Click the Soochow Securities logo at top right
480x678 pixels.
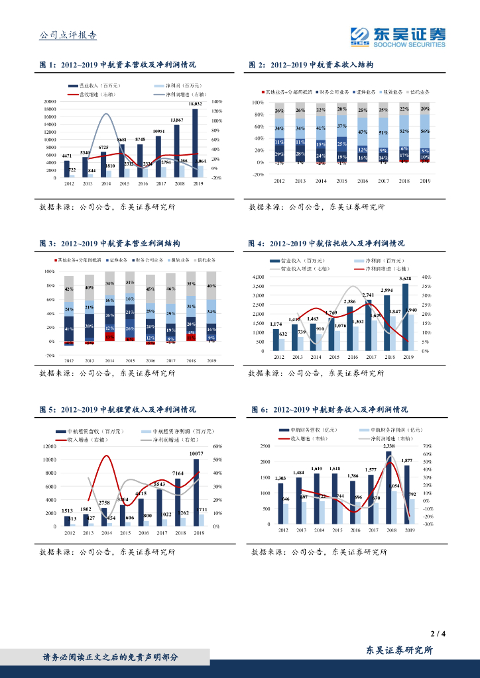click(x=398, y=36)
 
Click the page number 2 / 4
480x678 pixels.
click(x=437, y=634)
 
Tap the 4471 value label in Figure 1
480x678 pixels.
click(x=67, y=155)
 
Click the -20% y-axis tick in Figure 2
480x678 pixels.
click(x=259, y=174)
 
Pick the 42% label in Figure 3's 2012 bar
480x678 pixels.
click(x=68, y=289)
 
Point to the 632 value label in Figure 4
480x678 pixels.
click(x=283, y=334)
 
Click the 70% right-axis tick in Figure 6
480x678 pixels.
click(x=428, y=446)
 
